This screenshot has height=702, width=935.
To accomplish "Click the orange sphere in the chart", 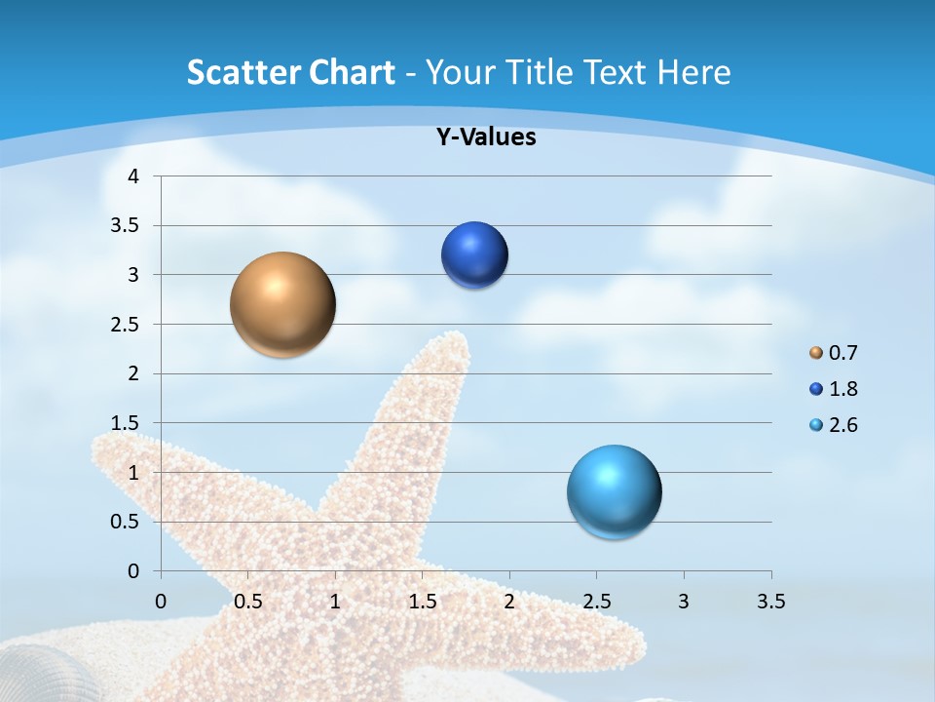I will [x=282, y=304].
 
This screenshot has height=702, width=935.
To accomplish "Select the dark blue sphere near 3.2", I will [x=475, y=255].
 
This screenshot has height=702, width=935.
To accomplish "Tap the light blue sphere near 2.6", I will [x=614, y=491].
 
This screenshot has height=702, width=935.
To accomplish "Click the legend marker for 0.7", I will [x=816, y=352].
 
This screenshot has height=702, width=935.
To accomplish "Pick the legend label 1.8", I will [x=843, y=389].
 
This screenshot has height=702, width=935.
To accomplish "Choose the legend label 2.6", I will [x=843, y=425].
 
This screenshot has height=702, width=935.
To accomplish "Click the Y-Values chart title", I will [x=486, y=137].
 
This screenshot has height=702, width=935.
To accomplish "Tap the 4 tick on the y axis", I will [x=133, y=176].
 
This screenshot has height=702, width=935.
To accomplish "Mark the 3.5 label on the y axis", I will [x=126, y=226].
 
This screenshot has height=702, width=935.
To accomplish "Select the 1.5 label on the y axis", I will [x=126, y=423].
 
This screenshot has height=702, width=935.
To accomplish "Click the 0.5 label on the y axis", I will [x=126, y=522].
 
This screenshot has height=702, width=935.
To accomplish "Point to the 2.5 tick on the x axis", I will [x=596, y=602].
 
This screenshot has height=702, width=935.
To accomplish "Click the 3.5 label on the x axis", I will [x=770, y=602].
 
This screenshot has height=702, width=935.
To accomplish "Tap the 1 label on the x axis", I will [x=335, y=602].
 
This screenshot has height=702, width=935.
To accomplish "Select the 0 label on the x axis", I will [x=161, y=602].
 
